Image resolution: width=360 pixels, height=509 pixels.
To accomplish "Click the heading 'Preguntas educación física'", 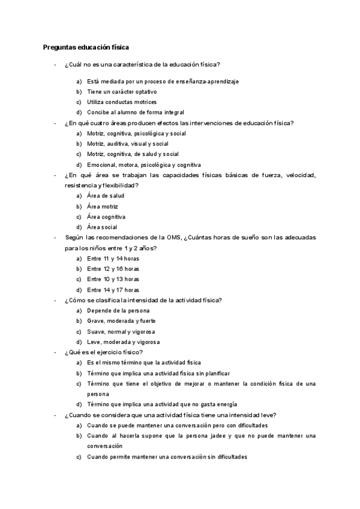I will coord(86,47).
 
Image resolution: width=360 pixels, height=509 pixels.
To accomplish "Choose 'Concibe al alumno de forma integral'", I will coord(135,112).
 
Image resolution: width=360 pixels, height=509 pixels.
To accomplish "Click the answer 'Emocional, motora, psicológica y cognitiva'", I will coord(144,164).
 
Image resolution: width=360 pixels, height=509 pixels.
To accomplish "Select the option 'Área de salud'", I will coord(106,196).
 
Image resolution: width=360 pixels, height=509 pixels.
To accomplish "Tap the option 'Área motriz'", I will coord(103,206).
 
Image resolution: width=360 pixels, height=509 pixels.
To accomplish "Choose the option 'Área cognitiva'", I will coord(106,217).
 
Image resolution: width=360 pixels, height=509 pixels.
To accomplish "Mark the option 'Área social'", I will coord(102,227).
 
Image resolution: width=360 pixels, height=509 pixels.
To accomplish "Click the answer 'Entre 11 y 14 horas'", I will coord(113,258).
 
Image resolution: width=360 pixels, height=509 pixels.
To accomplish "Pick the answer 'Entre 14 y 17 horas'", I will coord(113,289).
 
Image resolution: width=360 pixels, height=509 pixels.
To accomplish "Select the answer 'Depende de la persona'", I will coord(118,310).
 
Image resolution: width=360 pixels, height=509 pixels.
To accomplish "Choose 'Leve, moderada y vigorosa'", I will coord(123,342).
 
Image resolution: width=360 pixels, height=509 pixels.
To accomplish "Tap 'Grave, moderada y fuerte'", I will coord(120,321).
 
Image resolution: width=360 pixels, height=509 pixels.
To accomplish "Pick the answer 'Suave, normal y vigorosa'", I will coord(121,331).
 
